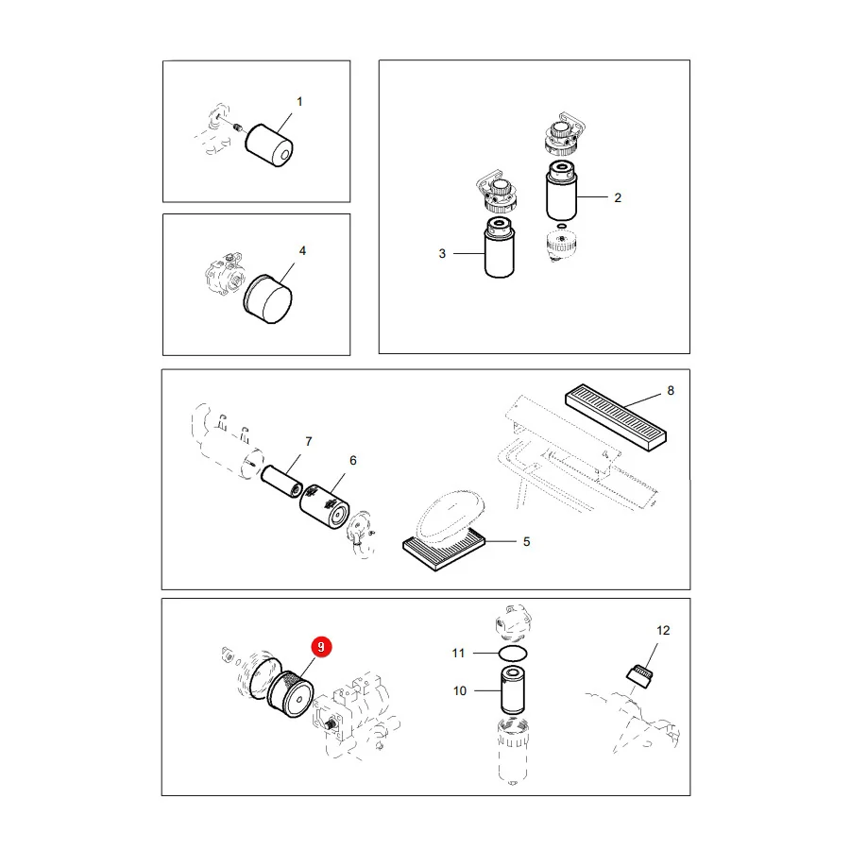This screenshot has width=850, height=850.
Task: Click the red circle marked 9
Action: [x=321, y=647]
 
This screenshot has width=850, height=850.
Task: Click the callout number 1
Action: [x=299, y=101]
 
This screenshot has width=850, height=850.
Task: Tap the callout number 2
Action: [x=618, y=198]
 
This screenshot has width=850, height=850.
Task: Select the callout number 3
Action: [x=442, y=254]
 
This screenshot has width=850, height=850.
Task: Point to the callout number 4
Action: [x=302, y=250]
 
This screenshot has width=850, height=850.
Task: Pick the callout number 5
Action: [x=526, y=541]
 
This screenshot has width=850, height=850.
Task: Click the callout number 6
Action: [x=353, y=460]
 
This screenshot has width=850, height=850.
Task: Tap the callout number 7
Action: [x=309, y=441]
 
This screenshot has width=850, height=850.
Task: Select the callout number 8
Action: [x=671, y=390]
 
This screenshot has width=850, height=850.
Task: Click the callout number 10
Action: [x=460, y=690]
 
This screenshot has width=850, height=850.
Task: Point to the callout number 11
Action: [x=459, y=654]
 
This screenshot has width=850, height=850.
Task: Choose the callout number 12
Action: [x=663, y=631]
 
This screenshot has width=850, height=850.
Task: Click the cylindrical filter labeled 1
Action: [x=269, y=145]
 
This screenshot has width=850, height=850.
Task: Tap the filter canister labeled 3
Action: [x=500, y=247]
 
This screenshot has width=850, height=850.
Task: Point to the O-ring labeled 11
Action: [x=512, y=654]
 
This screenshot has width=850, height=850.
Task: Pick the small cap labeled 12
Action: [x=640, y=676]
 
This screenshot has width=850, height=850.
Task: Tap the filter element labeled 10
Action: [x=512, y=690]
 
